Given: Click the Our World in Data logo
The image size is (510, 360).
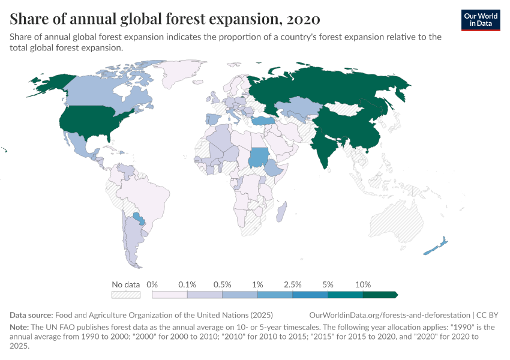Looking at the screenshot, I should click(x=480, y=20).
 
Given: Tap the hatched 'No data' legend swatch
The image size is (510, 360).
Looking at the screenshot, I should click(x=125, y=295).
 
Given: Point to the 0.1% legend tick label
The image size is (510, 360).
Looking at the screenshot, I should click(x=187, y=284).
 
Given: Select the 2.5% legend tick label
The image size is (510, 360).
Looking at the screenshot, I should click(x=292, y=284).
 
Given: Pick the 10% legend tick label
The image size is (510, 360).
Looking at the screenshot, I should click(x=363, y=284).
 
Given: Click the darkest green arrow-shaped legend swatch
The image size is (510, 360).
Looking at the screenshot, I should click(x=380, y=295).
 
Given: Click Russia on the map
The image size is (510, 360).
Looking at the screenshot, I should click(x=336, y=90).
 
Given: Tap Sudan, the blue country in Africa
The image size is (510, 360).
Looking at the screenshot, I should click(x=259, y=157).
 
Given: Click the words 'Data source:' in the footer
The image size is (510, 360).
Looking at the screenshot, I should click(x=31, y=315).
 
